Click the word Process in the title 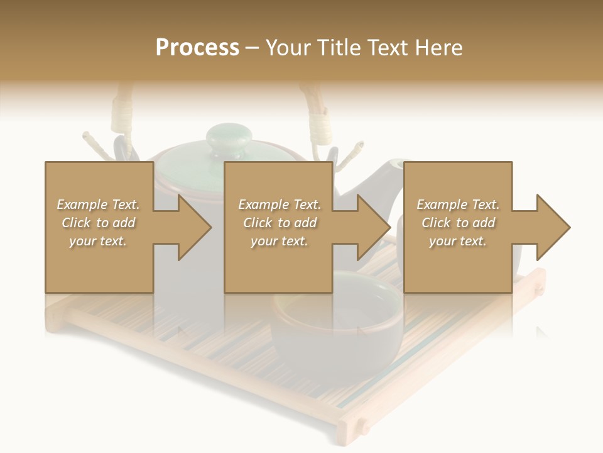pos(197,48)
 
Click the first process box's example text pos(98,223)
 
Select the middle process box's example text pos(279,223)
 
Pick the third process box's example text pos(458,223)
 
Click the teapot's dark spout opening pos(395,165)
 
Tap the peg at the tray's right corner pos(538,290)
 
